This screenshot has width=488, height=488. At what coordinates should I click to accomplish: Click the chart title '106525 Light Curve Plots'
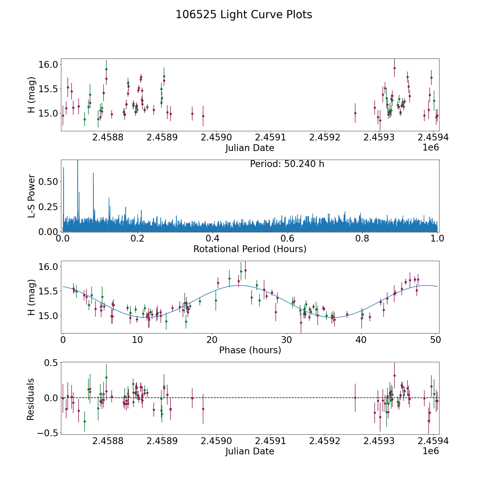tap(244, 15)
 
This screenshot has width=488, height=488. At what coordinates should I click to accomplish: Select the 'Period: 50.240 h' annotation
tap(287, 164)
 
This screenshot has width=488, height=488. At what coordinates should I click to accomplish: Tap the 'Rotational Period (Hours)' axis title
tap(250, 249)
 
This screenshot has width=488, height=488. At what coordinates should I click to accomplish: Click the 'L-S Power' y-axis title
tap(31, 196)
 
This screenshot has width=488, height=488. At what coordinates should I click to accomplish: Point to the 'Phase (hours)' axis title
tap(250, 350)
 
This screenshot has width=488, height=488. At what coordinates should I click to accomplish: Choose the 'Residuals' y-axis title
tap(31, 399)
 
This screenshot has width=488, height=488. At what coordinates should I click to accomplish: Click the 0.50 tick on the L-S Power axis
tap(48, 182)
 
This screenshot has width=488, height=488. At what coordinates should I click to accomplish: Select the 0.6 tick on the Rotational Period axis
tap(287, 239)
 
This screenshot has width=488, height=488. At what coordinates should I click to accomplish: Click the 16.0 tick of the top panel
tap(48, 65)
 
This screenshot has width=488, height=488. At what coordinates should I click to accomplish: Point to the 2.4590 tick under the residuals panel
tap(216, 441)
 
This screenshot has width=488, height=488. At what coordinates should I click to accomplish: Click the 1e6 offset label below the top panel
tap(431, 147)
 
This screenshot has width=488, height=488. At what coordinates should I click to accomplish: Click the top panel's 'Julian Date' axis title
tap(250, 148)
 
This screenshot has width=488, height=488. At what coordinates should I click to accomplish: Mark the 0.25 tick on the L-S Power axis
tap(48, 207)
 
